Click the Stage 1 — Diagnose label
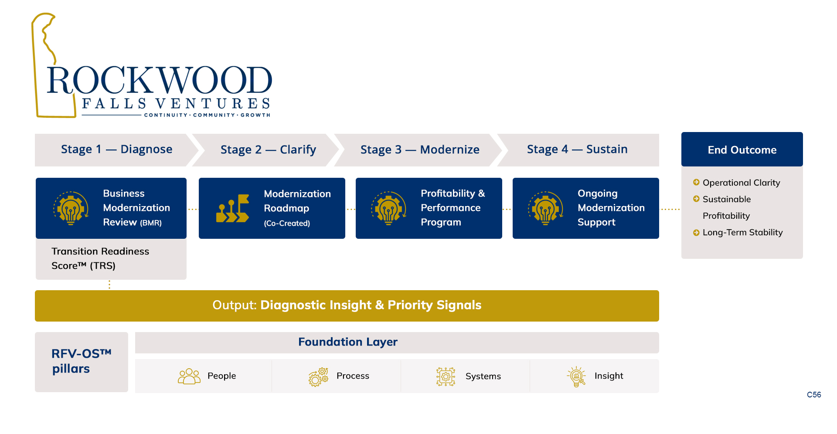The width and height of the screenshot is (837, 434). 116,149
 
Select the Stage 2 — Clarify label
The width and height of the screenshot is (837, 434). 268,150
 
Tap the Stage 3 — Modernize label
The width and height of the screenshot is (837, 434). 420,150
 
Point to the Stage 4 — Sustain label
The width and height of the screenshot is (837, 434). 577,149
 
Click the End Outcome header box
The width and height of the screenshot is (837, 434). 742,149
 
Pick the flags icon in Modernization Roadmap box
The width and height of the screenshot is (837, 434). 233,208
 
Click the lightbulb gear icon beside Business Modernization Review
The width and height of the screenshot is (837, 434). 71,208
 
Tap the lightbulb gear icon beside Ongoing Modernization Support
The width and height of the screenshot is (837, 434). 546,208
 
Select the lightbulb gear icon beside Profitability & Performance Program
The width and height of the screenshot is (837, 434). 389,208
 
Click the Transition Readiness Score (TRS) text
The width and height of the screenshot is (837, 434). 100,258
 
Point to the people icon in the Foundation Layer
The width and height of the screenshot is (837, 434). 189,376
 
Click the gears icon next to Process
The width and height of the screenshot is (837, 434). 318,377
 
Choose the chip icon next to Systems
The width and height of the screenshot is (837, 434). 446,376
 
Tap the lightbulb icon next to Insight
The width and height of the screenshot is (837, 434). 576,376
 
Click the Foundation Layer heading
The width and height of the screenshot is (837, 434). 348,342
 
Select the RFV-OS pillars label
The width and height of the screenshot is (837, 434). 82,361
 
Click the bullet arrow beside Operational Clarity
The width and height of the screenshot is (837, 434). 696,182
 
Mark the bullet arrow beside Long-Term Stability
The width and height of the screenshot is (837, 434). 696,233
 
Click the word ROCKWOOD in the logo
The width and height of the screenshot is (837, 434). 160,80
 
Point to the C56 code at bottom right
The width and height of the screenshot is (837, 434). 814,395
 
